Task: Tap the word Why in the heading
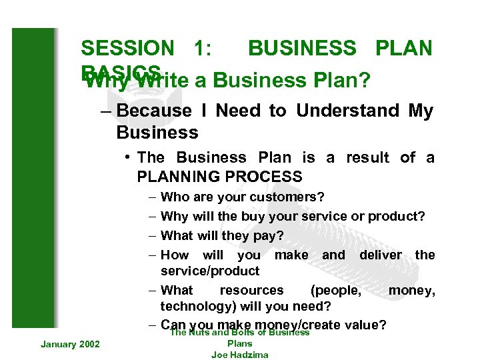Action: [101, 81]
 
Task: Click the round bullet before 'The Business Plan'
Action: [127, 158]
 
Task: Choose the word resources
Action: [251, 290]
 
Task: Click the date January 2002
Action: [70, 343]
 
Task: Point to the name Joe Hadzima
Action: [239, 355]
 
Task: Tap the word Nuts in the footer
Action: [200, 332]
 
